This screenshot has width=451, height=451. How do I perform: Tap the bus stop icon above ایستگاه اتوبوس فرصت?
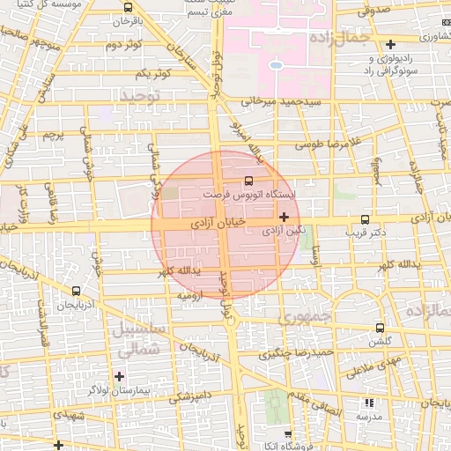(247, 180)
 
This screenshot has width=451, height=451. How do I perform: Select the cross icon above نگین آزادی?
(283, 217)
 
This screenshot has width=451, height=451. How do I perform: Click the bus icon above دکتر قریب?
(365, 220)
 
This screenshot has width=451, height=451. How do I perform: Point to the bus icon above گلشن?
(380, 327)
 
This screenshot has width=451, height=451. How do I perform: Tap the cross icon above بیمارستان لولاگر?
(120, 376)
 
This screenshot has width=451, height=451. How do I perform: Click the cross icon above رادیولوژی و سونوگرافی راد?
(390, 44)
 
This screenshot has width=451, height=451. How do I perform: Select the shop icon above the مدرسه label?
(369, 402)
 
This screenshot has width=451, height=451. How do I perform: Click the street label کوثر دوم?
(123, 44)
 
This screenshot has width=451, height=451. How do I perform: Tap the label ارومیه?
(191, 296)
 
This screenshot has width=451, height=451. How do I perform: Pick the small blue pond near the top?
(276, 64)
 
